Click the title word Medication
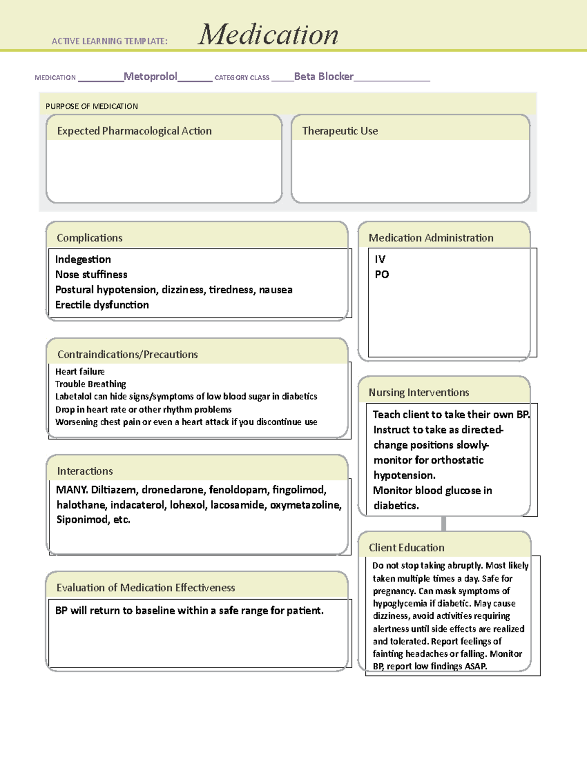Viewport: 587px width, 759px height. point(268,35)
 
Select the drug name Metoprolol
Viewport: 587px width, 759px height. point(150,77)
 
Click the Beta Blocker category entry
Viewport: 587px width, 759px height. point(323,77)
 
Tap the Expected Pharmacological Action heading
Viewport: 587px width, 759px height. point(134,131)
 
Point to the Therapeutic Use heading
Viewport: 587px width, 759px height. point(340,131)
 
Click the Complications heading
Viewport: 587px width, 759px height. point(90,238)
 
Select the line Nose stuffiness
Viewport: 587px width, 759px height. point(91,275)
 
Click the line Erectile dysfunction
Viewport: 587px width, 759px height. point(102,305)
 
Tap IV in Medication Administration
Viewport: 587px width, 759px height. point(380,260)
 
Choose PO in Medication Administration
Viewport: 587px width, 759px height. point(382,275)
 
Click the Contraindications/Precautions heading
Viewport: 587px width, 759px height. point(127,355)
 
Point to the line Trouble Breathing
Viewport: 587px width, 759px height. point(90,384)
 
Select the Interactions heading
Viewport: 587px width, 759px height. point(85,471)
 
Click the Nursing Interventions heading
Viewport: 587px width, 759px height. point(419,392)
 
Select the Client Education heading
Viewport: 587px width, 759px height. point(406,548)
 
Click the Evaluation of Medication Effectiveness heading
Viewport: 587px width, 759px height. point(145,588)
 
